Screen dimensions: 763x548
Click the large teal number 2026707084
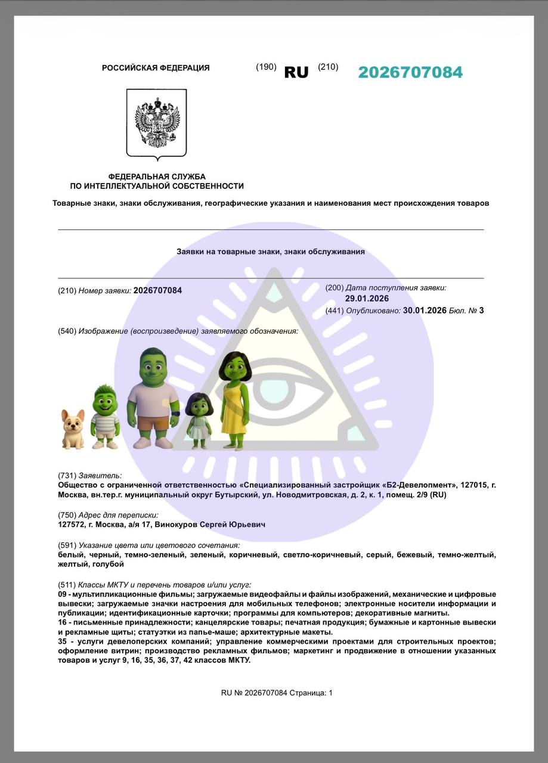(x=410, y=72)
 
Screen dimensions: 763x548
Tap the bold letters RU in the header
(x=296, y=73)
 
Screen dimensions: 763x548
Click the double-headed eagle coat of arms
(x=157, y=123)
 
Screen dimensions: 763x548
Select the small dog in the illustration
(x=73, y=428)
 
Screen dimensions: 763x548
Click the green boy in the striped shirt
(x=105, y=417)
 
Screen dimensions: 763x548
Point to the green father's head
(x=153, y=367)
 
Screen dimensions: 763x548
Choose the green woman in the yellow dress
(x=234, y=399)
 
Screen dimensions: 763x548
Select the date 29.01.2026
(x=367, y=299)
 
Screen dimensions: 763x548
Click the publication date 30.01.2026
(x=425, y=310)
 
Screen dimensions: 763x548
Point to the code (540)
(x=67, y=331)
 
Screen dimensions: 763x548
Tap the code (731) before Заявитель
(x=67, y=475)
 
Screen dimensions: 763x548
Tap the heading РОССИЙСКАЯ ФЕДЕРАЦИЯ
(x=156, y=68)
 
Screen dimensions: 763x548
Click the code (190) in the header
(x=266, y=67)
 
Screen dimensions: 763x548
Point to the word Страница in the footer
(x=308, y=693)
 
